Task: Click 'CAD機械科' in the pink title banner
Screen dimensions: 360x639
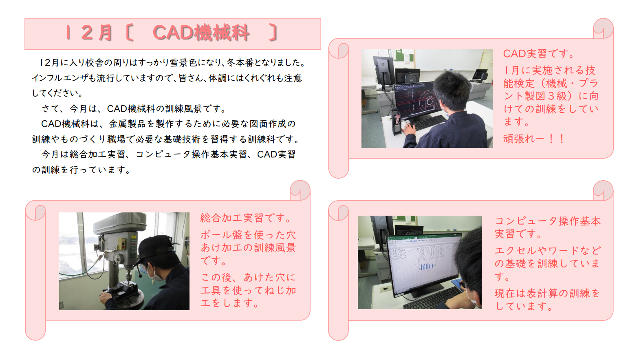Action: (x=201, y=33)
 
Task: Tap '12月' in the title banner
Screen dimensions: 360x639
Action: (x=89, y=33)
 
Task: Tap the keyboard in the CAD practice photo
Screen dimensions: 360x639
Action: (x=428, y=122)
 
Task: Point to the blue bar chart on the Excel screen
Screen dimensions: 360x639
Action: (x=426, y=267)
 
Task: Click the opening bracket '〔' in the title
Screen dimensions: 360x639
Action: (x=130, y=33)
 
